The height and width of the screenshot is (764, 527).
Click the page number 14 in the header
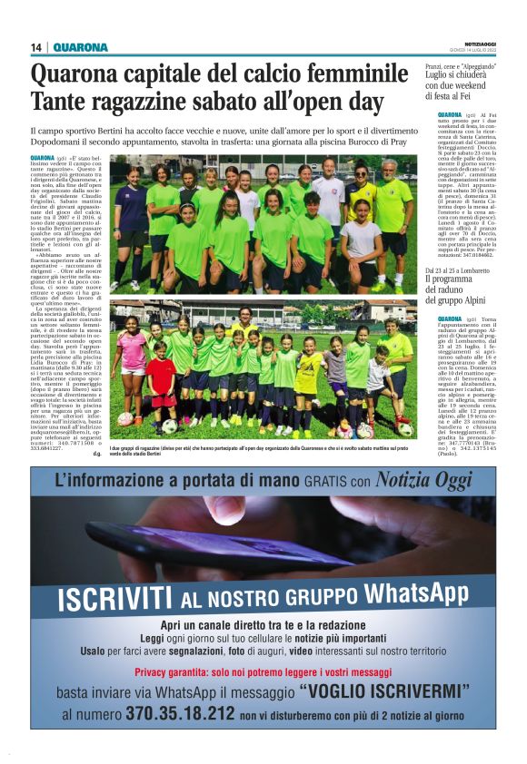(36, 47)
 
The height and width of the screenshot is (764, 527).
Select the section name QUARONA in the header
(80, 47)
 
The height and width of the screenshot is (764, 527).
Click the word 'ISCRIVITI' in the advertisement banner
(114, 599)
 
